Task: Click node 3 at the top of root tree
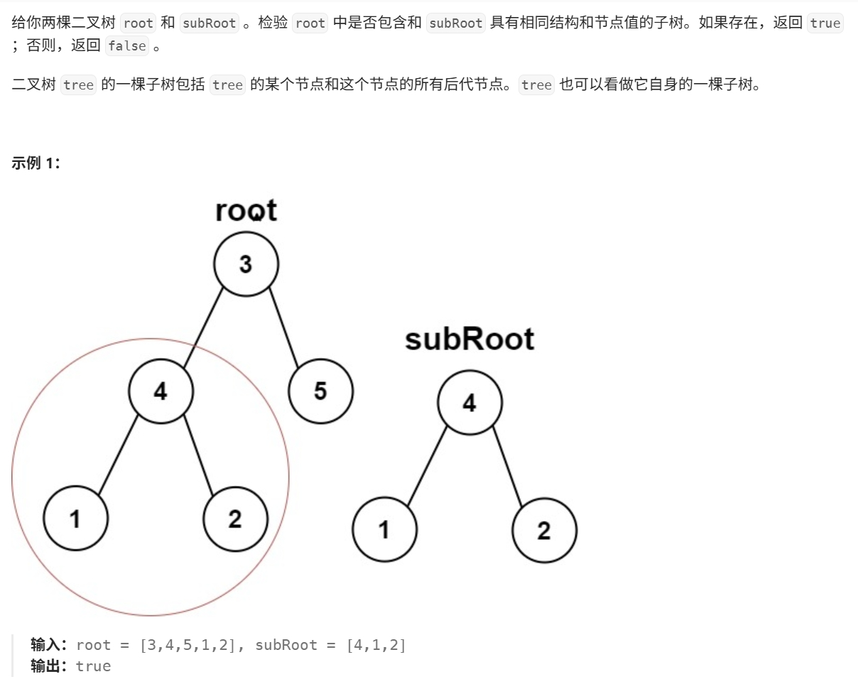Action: pyautogui.click(x=246, y=264)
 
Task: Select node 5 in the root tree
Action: pyautogui.click(x=320, y=391)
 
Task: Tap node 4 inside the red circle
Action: pyautogui.click(x=161, y=391)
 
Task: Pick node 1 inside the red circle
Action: pyautogui.click(x=75, y=519)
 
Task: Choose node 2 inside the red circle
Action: pyautogui.click(x=235, y=519)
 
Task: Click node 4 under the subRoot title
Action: pyautogui.click(x=469, y=403)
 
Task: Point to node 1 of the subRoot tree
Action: pyautogui.click(x=384, y=530)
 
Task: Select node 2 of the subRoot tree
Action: pyautogui.click(x=544, y=530)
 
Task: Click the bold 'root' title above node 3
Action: pyautogui.click(x=246, y=210)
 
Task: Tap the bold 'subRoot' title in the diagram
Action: pyautogui.click(x=469, y=339)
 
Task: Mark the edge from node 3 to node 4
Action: pyautogui.click(x=204, y=327)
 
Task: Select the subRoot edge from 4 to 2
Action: pyautogui.click(x=507, y=466)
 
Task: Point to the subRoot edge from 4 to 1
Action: pyautogui.click(x=428, y=465)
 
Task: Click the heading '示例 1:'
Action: pyautogui.click(x=36, y=163)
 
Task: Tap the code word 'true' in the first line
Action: pyautogui.click(x=825, y=23)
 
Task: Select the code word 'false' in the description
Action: pyautogui.click(x=127, y=46)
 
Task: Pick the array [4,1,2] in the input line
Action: pyautogui.click(x=376, y=645)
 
